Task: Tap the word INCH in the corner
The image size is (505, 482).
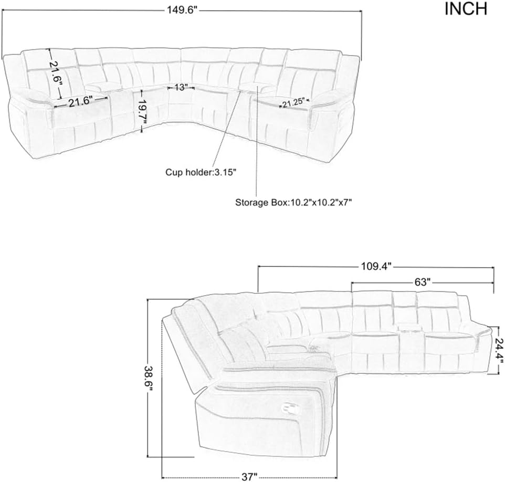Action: point(466,9)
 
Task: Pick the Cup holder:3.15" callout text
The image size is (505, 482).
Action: point(197,172)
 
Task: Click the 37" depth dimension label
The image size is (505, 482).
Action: point(249,477)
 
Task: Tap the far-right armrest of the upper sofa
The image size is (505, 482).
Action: point(333,100)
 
